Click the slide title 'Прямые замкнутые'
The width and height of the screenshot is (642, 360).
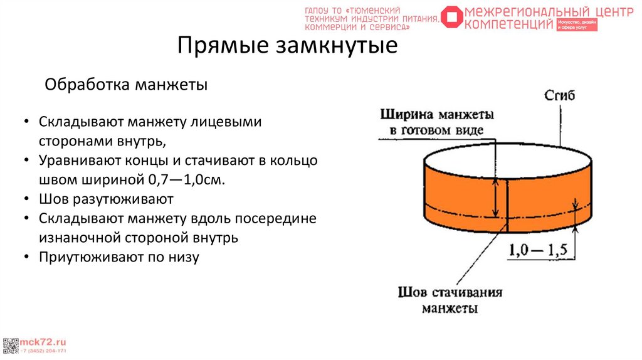pyautogui.click(x=287, y=46)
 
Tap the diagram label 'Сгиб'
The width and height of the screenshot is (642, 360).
pyautogui.click(x=559, y=95)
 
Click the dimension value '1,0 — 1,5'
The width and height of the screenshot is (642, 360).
pyautogui.click(x=538, y=250)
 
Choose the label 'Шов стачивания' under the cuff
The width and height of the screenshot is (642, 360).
pyautogui.click(x=450, y=292)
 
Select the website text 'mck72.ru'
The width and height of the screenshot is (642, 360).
pyautogui.click(x=44, y=342)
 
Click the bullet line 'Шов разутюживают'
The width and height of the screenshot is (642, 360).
pyautogui.click(x=105, y=200)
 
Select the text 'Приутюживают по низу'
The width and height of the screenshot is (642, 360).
pyautogui.click(x=118, y=257)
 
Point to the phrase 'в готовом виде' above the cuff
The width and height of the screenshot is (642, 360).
pyautogui.click(x=436, y=130)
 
